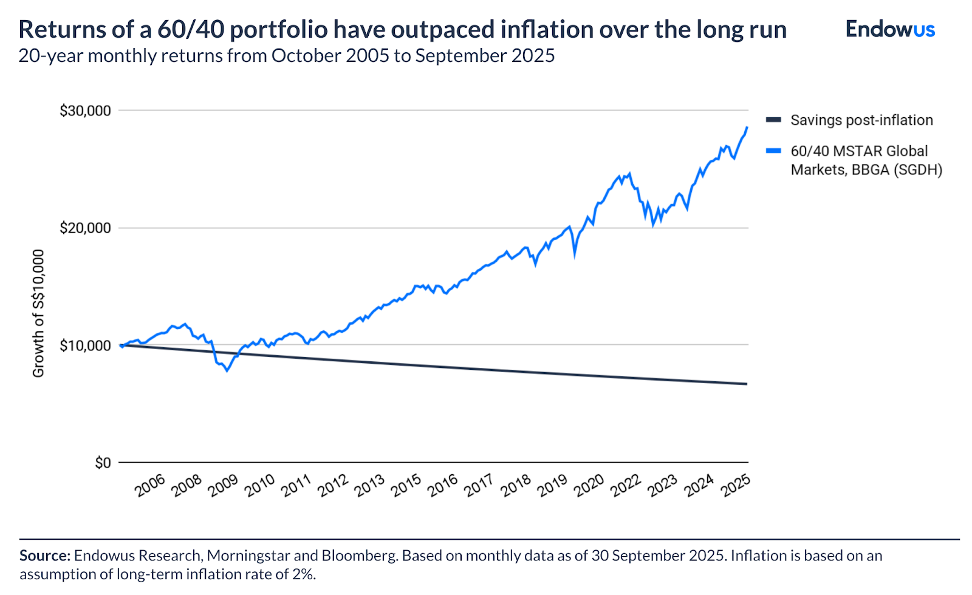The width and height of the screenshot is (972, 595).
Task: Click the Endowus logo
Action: point(890,29)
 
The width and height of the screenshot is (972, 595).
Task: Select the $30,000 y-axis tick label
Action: point(85,110)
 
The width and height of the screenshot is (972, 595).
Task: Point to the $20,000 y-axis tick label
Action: point(85,228)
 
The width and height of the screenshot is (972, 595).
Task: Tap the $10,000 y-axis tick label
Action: point(85,345)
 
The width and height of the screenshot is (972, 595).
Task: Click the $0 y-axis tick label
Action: point(103,463)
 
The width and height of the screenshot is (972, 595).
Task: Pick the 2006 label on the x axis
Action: point(150,486)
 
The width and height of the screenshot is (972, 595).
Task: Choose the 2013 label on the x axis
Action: point(369,486)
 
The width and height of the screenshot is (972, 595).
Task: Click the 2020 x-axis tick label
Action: point(589,486)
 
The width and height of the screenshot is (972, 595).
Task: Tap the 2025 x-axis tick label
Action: point(736,486)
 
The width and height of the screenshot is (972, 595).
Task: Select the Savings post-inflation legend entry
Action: point(861,120)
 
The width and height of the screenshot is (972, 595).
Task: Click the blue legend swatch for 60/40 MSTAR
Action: point(773,151)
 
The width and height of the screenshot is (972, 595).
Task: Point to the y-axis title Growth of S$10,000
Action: point(38,313)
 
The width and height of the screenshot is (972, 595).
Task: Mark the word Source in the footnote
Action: point(45,556)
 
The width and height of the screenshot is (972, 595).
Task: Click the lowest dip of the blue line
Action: point(227,370)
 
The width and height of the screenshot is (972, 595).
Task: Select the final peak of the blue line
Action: point(747,127)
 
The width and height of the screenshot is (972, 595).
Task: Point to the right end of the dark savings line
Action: point(747,384)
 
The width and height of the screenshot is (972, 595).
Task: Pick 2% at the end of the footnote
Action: point(303,574)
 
